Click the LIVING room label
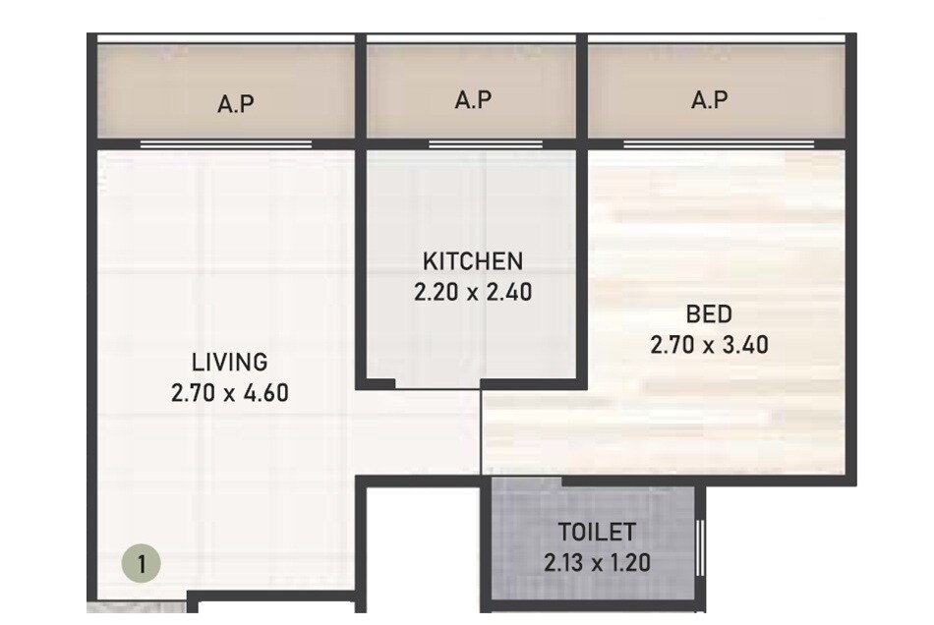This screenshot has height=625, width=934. pos(229,361)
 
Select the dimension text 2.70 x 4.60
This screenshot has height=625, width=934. pos(229,394)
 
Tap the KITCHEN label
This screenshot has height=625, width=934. pos(472,261)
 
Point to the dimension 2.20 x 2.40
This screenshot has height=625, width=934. pos(473,292)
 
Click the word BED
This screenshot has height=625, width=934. pos(709,314)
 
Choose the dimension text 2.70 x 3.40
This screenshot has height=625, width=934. pos(709,345)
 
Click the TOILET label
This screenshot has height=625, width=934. pos(597,533)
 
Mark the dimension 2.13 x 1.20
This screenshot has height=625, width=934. pos(597,563)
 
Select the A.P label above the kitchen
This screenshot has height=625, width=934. pos(473,99)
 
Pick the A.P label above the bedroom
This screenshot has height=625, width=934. pos(709,99)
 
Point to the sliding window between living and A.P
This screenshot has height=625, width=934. pos(226,144)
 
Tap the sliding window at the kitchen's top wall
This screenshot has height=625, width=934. pos(485,144)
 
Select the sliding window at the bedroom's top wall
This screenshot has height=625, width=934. pos(719,144)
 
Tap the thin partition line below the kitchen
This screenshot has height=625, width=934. pos(481,432)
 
